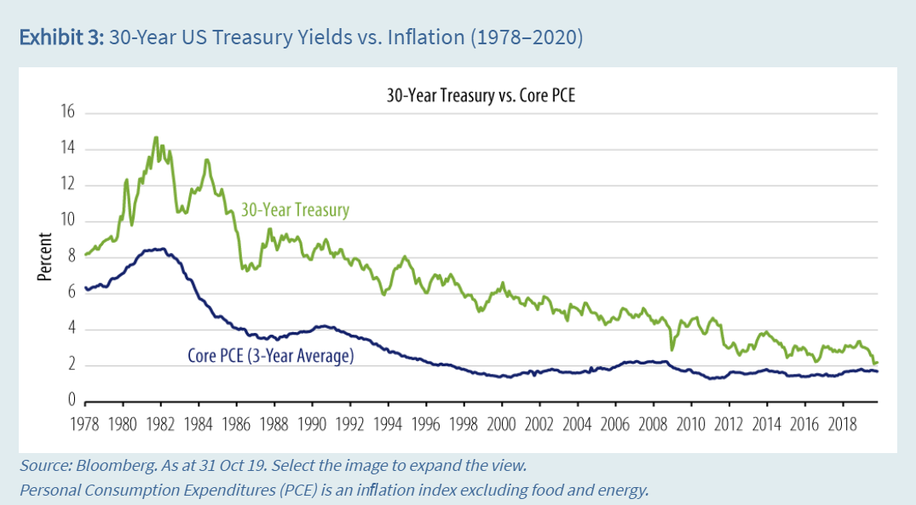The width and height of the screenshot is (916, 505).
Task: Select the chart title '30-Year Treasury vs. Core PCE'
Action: tap(481, 95)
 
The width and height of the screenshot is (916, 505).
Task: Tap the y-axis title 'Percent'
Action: tap(44, 256)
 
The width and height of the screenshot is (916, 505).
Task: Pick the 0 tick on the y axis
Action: tap(72, 401)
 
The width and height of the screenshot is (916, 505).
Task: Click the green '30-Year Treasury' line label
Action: tap(295, 209)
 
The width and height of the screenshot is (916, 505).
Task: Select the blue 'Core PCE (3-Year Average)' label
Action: tap(270, 356)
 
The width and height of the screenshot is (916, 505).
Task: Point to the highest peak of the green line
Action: tap(156, 137)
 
